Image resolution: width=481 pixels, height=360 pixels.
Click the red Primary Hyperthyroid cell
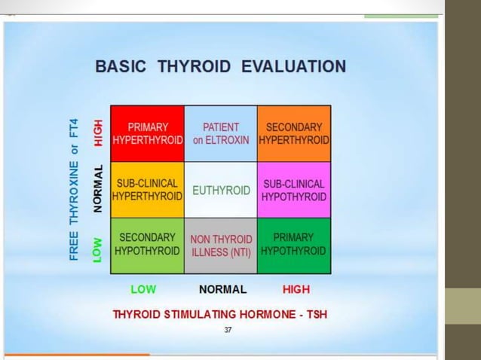click(x=148, y=134)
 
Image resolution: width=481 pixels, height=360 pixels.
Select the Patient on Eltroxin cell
click(x=221, y=134)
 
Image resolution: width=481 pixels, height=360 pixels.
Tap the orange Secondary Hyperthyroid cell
click(x=294, y=134)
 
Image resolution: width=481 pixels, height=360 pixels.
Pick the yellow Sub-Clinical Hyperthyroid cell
click(x=148, y=190)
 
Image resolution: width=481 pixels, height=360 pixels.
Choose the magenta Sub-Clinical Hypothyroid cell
click(x=294, y=190)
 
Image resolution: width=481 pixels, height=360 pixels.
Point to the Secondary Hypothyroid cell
click(x=148, y=244)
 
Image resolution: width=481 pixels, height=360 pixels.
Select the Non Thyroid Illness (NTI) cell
click(x=221, y=246)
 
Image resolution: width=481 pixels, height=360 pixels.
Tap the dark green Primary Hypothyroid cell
click(x=294, y=244)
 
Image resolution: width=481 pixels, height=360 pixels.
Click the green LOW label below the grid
click(x=143, y=289)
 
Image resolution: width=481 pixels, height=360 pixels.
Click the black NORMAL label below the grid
click(x=222, y=289)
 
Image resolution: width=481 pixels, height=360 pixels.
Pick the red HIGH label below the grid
click(x=296, y=289)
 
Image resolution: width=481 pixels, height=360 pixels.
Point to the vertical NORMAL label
click(x=97, y=189)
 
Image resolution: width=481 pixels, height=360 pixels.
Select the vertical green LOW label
click(x=97, y=249)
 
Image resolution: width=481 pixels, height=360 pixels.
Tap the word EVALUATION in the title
click(x=293, y=66)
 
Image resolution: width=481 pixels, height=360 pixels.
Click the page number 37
click(x=228, y=330)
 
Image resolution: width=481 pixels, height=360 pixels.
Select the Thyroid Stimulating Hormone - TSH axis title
click(x=220, y=314)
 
